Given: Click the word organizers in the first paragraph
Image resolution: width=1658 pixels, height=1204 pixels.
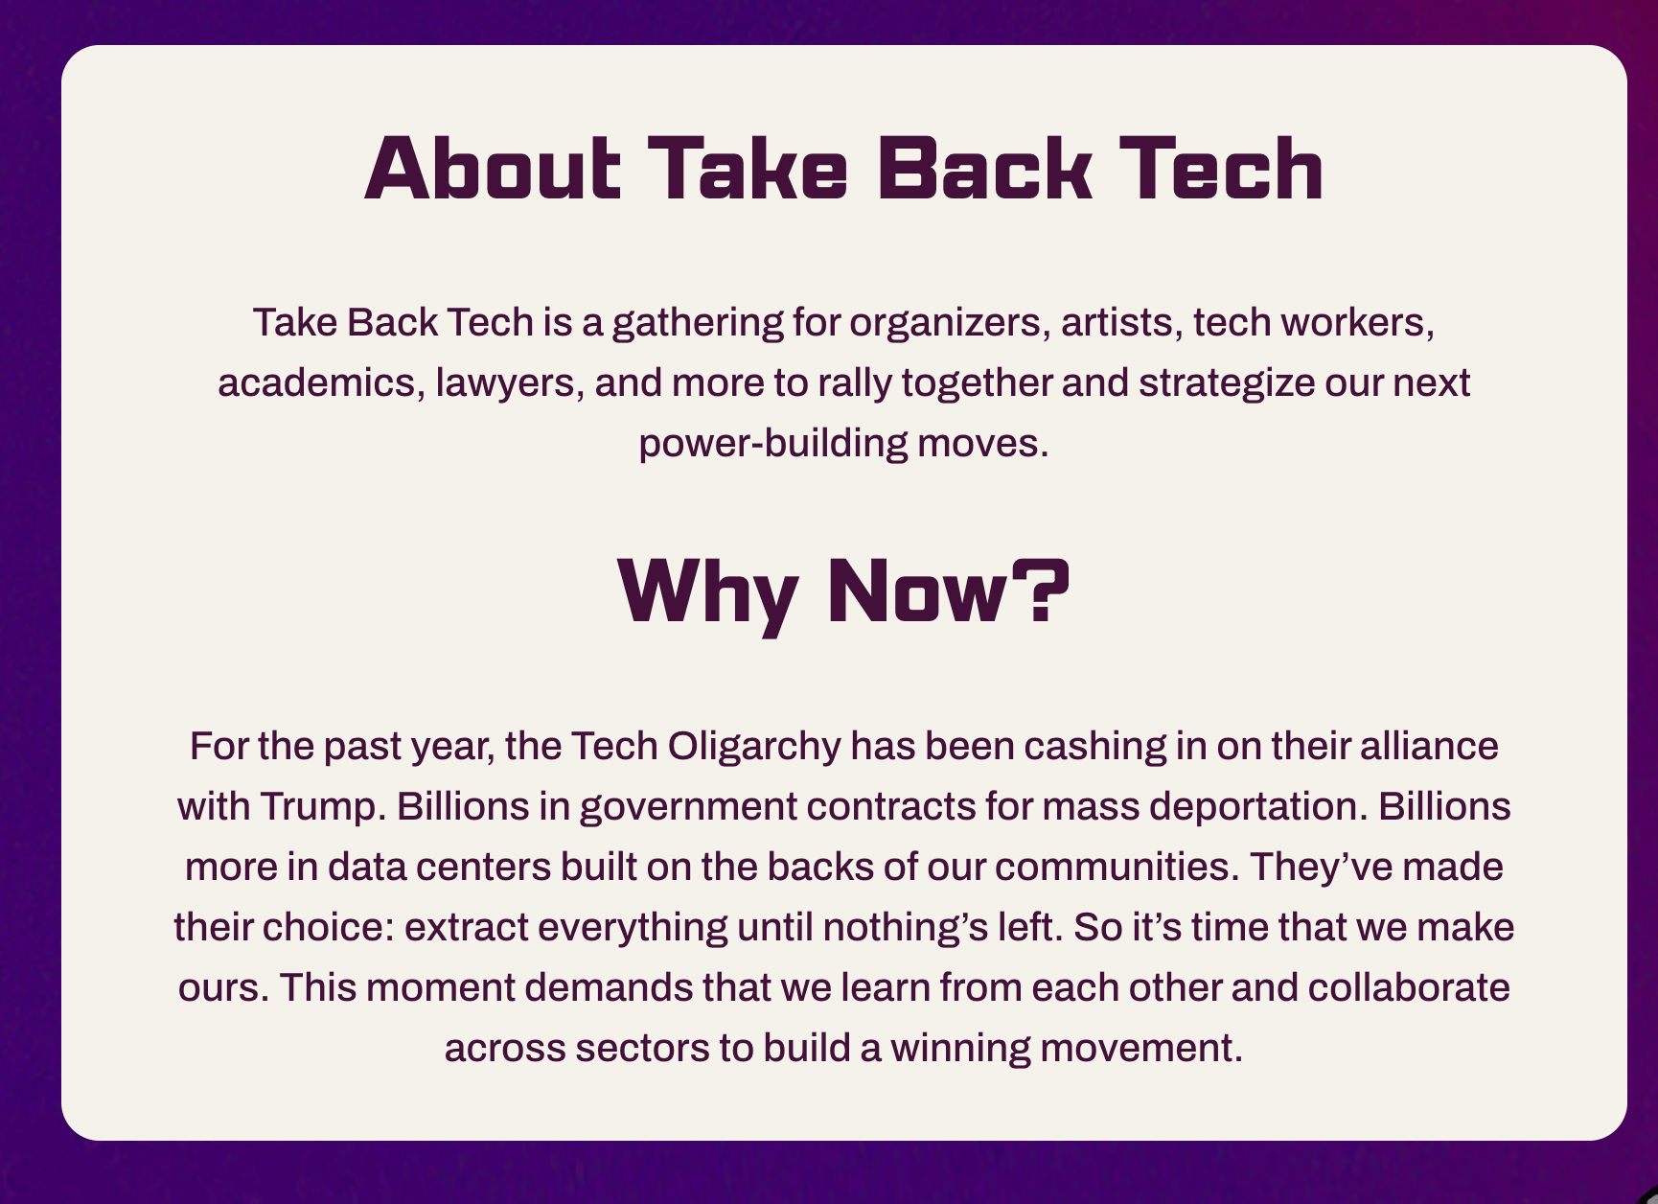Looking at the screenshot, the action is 945,323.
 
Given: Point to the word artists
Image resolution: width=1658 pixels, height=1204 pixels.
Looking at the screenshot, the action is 1117,323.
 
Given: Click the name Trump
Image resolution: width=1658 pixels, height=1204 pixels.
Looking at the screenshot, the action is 323,806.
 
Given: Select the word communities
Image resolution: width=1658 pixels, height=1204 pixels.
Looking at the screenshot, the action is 1113,867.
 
